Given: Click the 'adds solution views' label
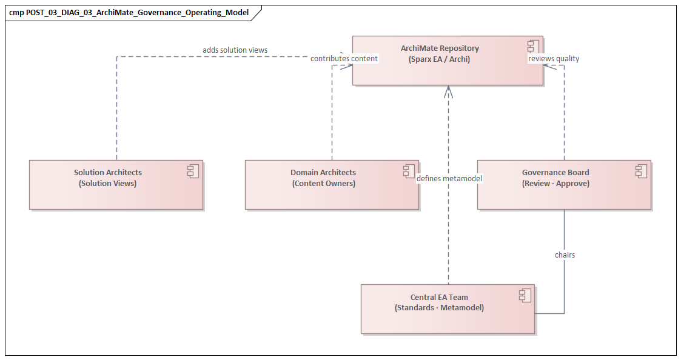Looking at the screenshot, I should [x=235, y=50].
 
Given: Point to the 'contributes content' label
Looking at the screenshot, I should [x=344, y=59].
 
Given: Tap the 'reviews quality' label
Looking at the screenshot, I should [x=554, y=59].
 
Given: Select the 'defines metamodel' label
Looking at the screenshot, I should [x=449, y=178].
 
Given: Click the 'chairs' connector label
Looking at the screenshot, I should [x=565, y=255].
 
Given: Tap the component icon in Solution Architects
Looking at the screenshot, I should [x=193, y=172].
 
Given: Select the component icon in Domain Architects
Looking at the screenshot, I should [x=409, y=172].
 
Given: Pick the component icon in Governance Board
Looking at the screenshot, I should [x=642, y=172].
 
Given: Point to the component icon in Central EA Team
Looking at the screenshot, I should [x=525, y=296].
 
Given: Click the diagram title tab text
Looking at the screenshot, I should [x=129, y=12].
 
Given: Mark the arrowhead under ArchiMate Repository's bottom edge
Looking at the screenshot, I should [x=448, y=91].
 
